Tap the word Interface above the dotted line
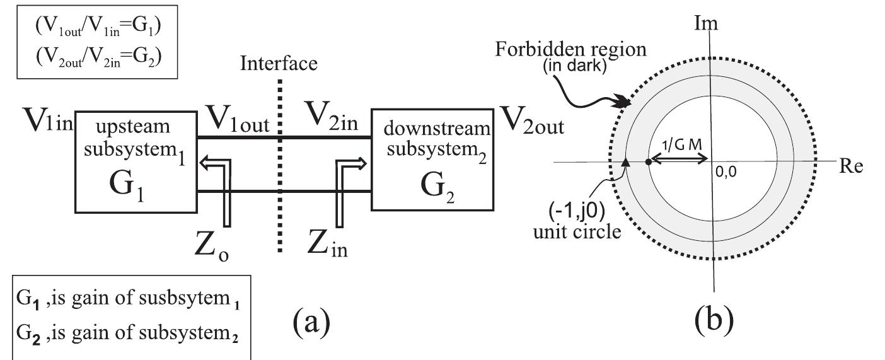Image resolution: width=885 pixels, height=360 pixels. (x=278, y=63)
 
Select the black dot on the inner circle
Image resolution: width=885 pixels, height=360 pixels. (x=649, y=162)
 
